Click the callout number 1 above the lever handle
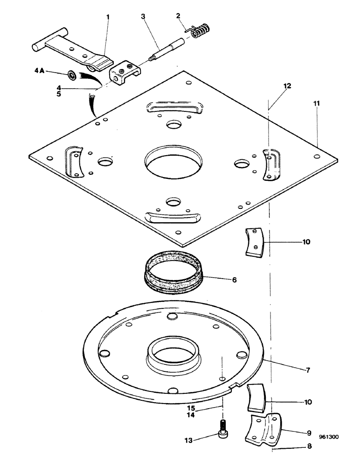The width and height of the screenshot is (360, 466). coord(108,17)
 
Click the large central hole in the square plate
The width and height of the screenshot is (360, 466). coord(174,160)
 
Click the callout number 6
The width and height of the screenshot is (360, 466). coord(234,280)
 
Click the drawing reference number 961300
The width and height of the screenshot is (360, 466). coord(329,438)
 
